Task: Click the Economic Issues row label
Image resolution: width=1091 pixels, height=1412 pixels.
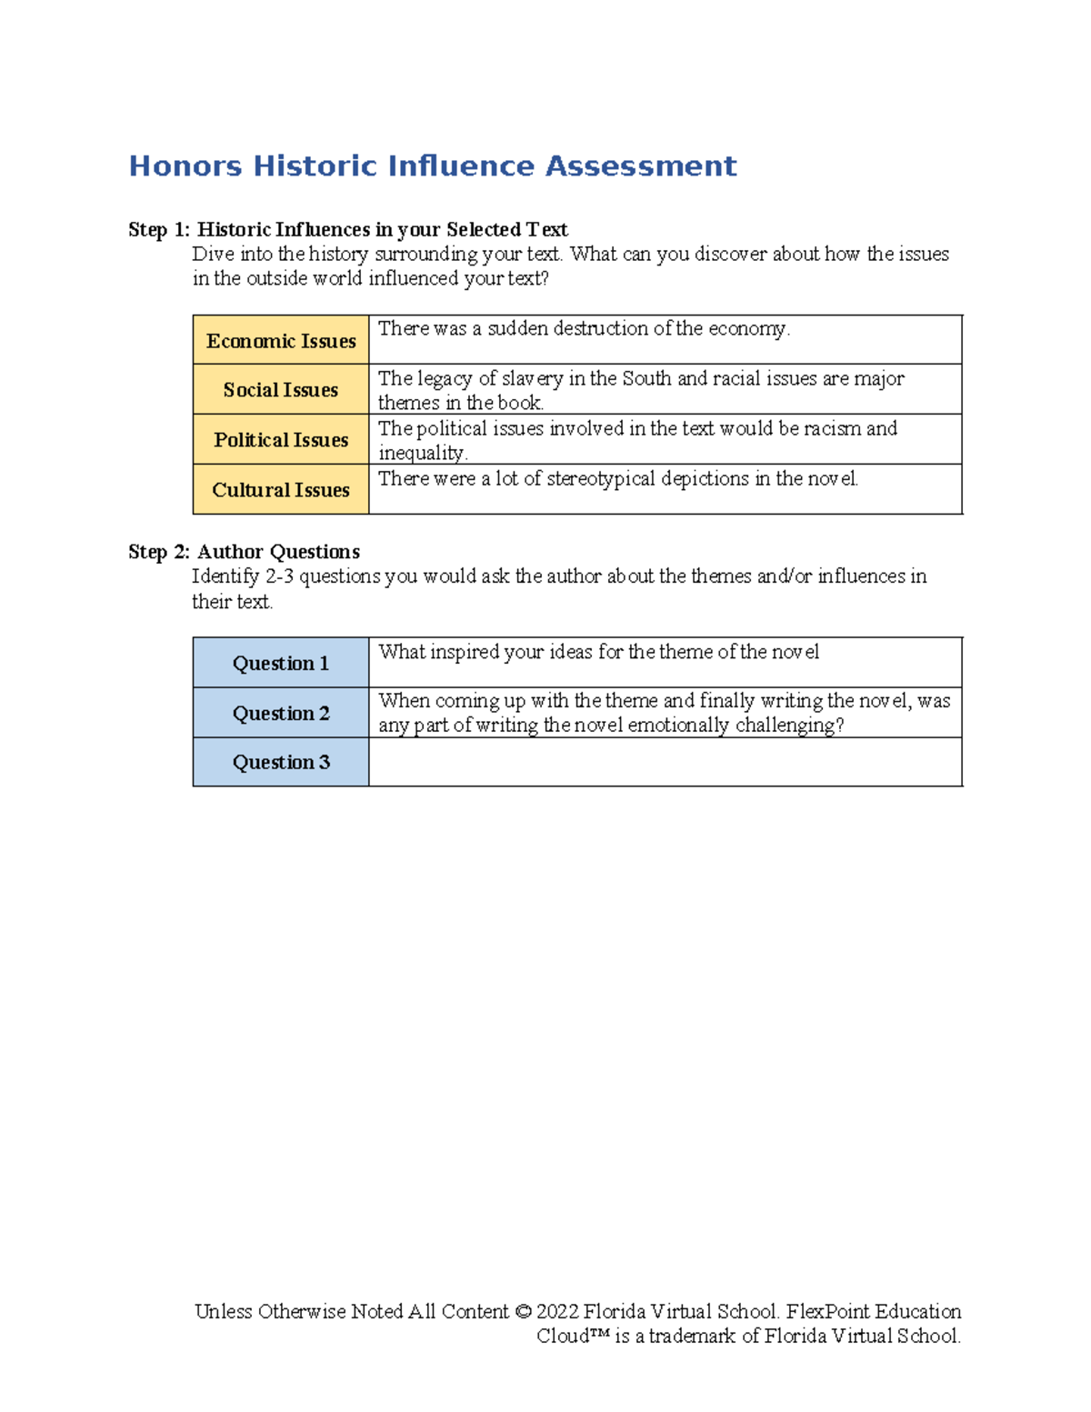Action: (x=281, y=341)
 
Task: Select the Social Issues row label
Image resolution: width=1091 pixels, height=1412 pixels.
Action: (x=281, y=390)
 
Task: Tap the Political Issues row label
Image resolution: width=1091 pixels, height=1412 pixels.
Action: (x=281, y=440)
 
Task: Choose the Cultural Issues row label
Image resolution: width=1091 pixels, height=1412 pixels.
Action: (x=281, y=490)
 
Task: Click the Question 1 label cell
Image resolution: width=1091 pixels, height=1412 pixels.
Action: (x=281, y=664)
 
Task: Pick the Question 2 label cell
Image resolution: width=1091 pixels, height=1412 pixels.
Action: (x=281, y=714)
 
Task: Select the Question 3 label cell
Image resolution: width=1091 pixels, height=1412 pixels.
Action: (x=281, y=763)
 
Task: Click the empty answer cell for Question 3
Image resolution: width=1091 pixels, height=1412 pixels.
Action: (x=665, y=763)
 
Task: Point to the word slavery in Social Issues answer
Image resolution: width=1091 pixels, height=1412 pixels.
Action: (x=533, y=379)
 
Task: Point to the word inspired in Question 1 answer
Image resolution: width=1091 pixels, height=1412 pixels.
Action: (x=464, y=652)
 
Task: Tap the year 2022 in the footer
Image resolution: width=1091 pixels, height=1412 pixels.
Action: (x=557, y=1312)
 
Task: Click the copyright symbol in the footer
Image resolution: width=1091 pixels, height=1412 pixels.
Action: (x=523, y=1312)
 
